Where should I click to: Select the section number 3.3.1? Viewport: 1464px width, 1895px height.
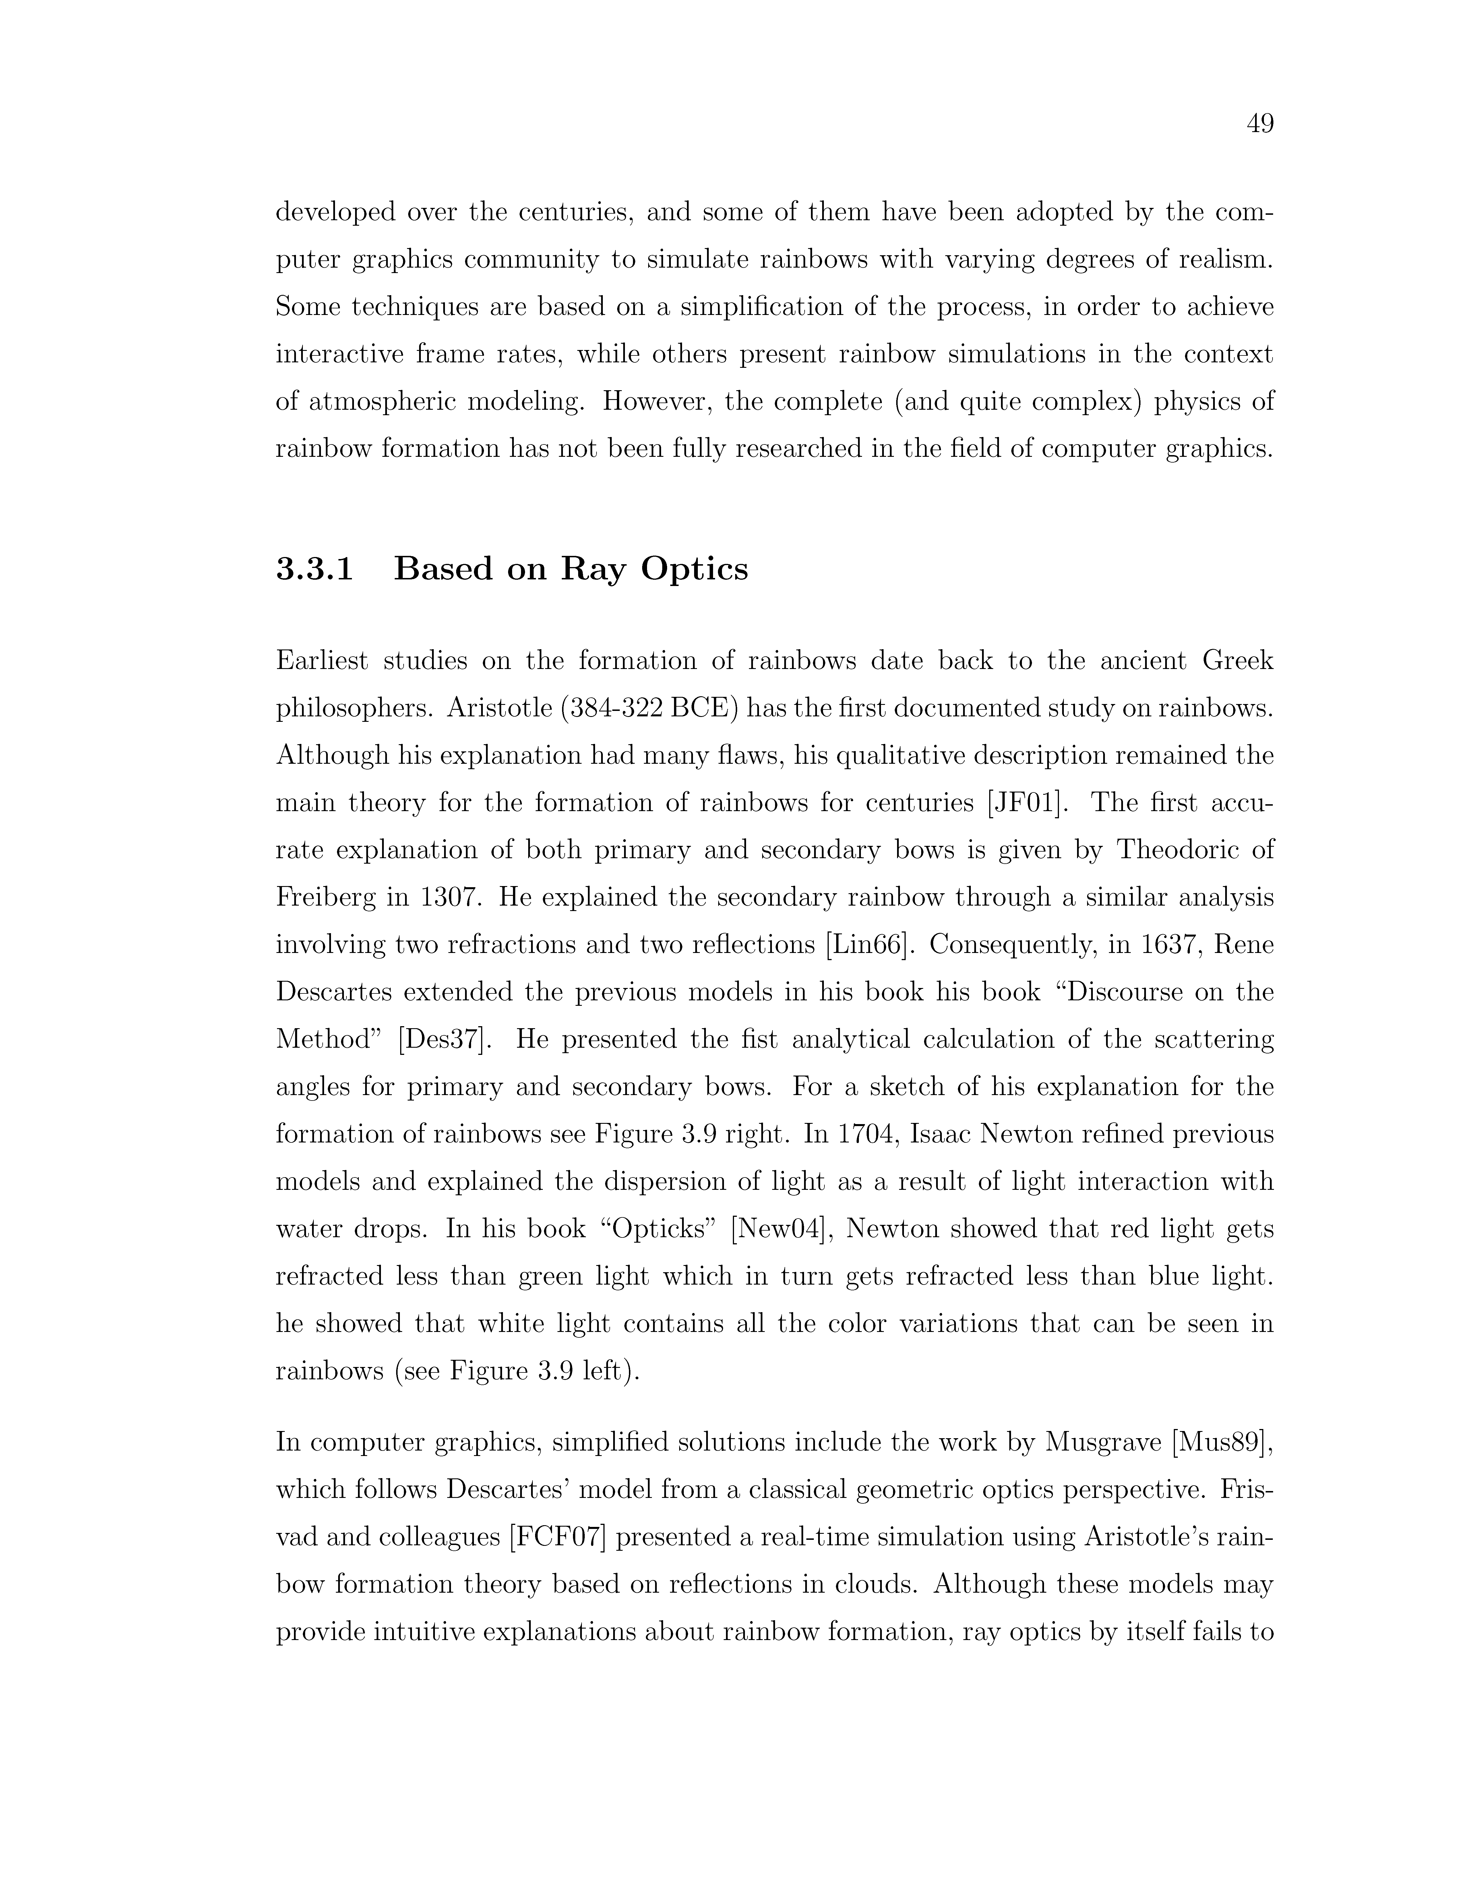[x=315, y=569]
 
